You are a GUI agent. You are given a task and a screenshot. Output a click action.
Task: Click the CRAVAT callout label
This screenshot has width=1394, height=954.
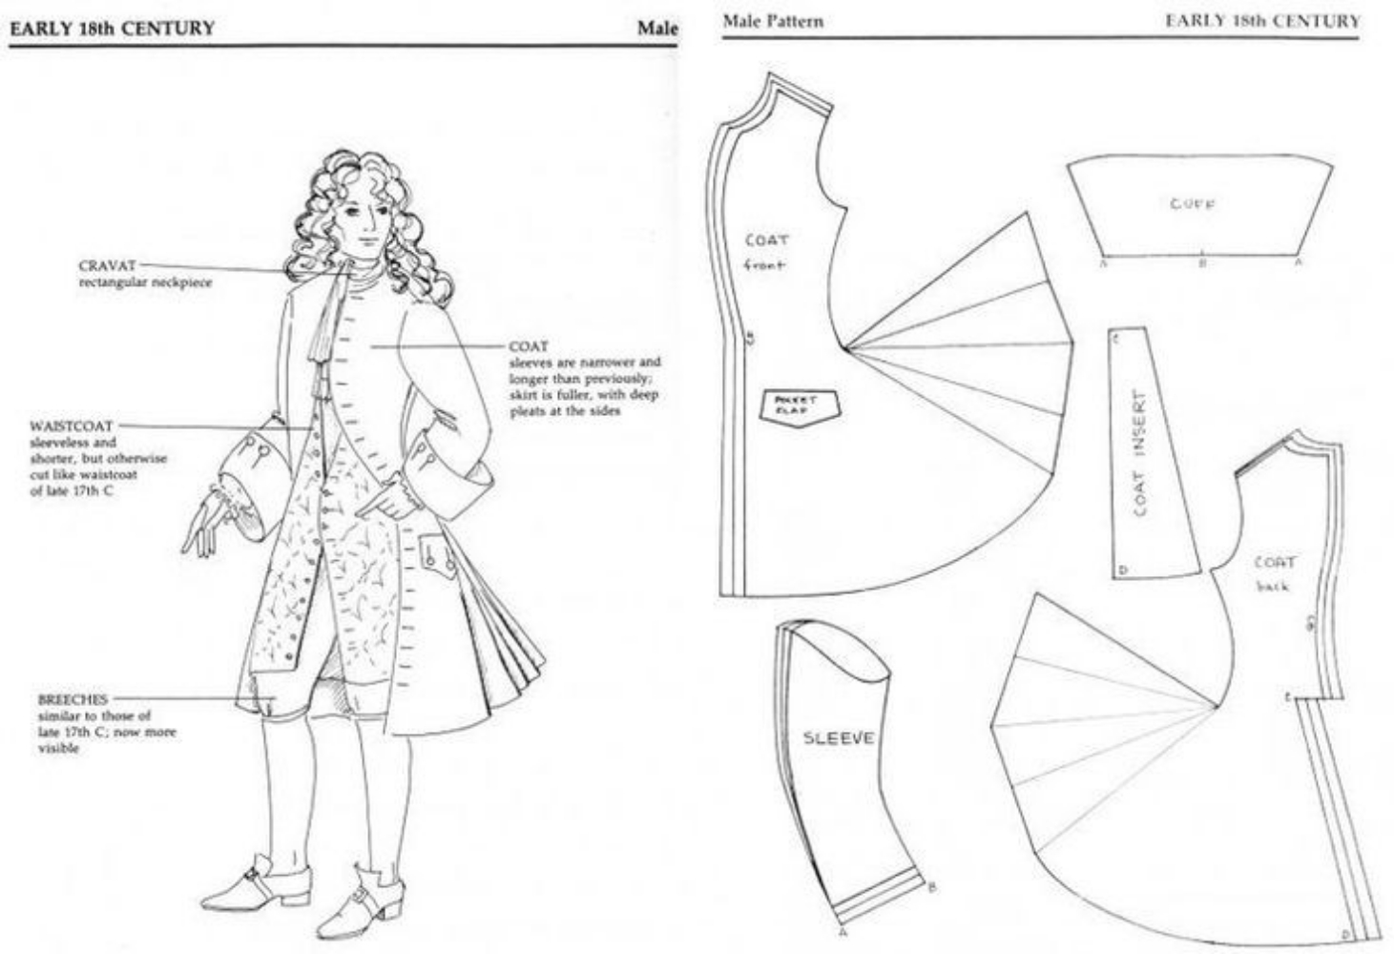click(106, 265)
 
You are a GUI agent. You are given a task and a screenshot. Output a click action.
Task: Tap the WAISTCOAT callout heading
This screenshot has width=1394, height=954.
click(72, 425)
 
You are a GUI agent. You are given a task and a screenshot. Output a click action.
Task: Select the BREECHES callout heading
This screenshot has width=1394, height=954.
click(73, 699)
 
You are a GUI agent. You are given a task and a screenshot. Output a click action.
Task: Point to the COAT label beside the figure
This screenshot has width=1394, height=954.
click(528, 346)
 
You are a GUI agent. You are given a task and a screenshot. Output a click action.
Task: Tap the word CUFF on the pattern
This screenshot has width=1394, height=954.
click(1193, 203)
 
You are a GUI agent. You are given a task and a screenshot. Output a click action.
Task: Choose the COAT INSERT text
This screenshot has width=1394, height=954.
click(1141, 453)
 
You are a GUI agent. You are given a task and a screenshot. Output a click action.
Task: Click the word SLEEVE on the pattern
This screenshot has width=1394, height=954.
click(838, 737)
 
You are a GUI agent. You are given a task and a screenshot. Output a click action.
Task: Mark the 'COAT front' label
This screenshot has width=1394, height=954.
click(766, 251)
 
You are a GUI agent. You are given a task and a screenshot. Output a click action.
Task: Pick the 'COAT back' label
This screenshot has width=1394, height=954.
click(1274, 572)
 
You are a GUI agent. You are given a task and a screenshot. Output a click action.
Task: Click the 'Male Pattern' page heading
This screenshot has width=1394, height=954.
click(773, 21)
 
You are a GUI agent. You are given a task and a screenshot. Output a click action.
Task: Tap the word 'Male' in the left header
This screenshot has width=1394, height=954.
click(657, 29)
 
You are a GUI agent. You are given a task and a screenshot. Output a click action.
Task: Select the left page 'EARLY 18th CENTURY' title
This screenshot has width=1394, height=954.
click(112, 29)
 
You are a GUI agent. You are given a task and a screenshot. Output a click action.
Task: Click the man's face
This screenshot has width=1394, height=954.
click(360, 217)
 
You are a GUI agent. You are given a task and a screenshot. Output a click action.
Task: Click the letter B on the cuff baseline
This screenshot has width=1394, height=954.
click(1202, 262)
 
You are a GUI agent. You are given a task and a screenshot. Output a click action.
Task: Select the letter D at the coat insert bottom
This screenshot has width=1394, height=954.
click(1123, 570)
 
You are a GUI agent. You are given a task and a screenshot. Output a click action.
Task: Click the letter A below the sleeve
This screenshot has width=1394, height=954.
click(843, 933)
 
